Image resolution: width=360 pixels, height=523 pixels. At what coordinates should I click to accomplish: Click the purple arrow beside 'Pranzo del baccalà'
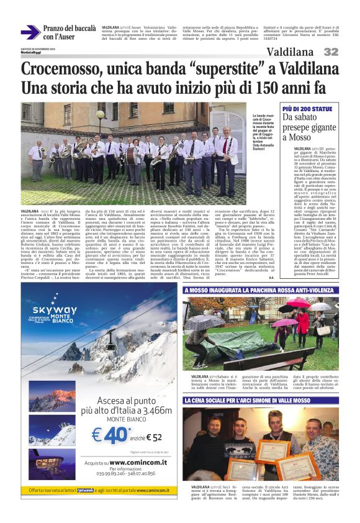[30, 32]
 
